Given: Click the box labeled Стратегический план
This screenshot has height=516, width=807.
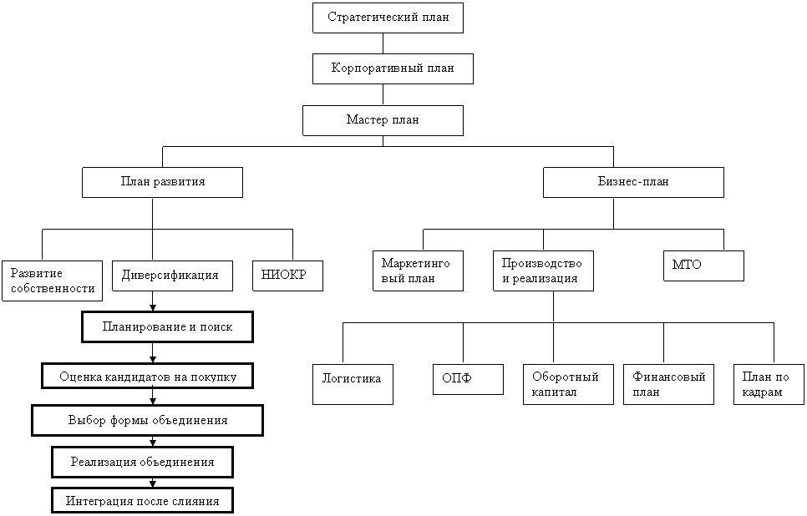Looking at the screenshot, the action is [x=388, y=18].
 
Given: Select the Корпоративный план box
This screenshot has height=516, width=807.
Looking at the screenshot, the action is [x=393, y=68].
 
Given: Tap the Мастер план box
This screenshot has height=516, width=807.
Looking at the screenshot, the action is [x=383, y=120].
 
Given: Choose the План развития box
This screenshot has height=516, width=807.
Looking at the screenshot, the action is [x=162, y=182].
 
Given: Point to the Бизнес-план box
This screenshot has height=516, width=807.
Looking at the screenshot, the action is [x=633, y=182].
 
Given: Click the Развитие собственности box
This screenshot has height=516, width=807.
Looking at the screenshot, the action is [x=52, y=281].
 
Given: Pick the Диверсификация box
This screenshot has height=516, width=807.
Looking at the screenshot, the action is [x=172, y=276].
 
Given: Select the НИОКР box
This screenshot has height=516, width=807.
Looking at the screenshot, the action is [x=287, y=276].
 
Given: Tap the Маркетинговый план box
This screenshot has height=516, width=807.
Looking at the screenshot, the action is [x=418, y=271].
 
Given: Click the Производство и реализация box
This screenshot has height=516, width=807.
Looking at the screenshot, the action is [x=543, y=271].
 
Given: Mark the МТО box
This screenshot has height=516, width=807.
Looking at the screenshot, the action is [x=703, y=266].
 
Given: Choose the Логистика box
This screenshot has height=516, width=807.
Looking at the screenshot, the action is [x=353, y=384].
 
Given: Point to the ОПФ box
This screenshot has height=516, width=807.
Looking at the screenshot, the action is [x=468, y=379].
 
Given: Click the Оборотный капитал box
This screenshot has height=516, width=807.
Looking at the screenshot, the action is [x=568, y=384].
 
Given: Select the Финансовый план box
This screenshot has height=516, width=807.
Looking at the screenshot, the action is [x=668, y=384].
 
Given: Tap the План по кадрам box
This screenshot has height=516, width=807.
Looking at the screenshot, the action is [x=769, y=384].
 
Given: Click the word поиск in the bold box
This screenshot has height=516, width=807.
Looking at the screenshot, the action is [x=216, y=327].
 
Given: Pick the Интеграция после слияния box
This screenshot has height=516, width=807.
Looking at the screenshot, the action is [x=142, y=501].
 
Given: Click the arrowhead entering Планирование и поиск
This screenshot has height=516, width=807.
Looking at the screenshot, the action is [x=153, y=307].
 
